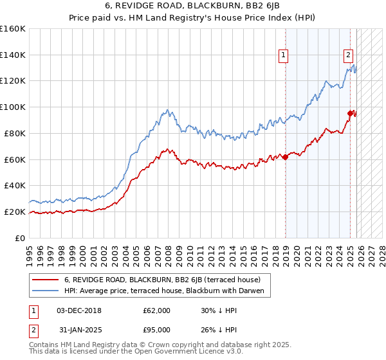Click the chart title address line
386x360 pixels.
click(x=192, y=6)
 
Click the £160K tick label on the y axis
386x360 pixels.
click(x=12, y=29)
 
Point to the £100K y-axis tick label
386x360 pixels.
click(x=12, y=107)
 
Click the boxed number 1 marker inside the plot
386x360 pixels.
click(x=283, y=56)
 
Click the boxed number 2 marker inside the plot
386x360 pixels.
click(x=348, y=56)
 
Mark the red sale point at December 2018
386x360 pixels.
click(x=285, y=157)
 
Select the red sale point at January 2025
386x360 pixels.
click(x=351, y=114)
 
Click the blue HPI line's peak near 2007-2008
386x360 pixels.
click(x=167, y=110)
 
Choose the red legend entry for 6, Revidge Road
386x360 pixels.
click(x=161, y=280)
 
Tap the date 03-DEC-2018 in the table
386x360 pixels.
click(x=79, y=310)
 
